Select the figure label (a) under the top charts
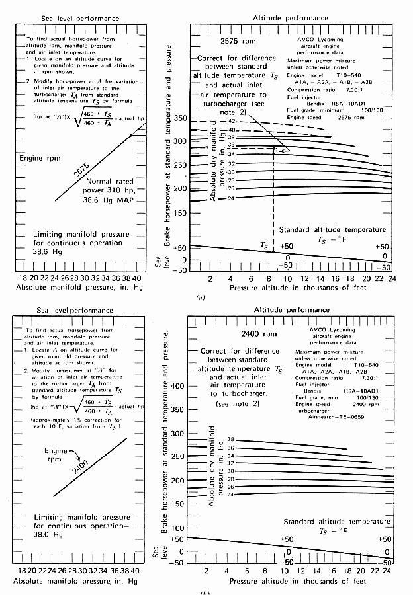pyautogui.click(x=201, y=298)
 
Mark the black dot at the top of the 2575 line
pyautogui.click(x=132, y=134)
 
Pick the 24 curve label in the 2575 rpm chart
pyautogui.click(x=231, y=198)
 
